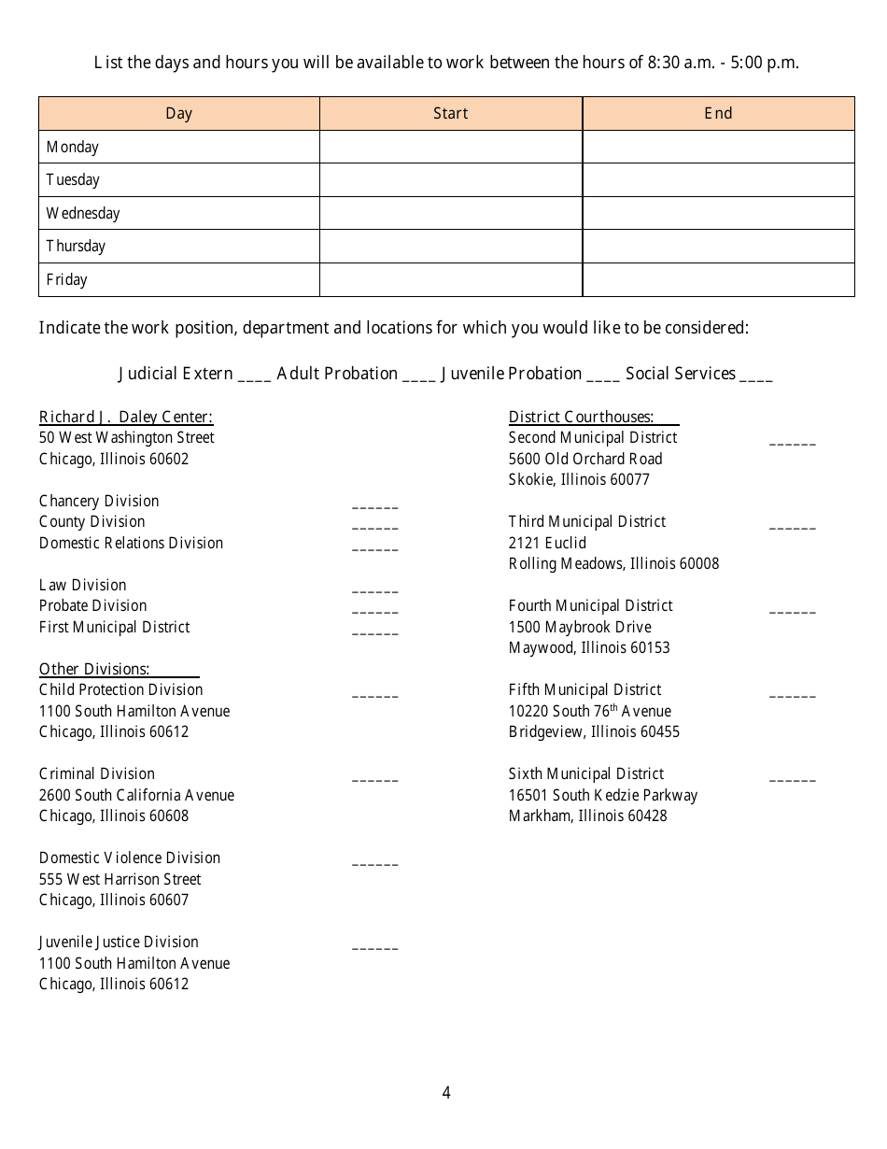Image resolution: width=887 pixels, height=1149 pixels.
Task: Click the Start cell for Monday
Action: click(451, 147)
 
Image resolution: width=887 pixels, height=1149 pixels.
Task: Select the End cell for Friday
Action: click(718, 279)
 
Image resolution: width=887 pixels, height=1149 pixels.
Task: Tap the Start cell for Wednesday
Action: click(451, 213)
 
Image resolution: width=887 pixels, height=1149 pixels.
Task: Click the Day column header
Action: click(178, 113)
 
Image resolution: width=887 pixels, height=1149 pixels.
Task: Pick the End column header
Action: click(718, 113)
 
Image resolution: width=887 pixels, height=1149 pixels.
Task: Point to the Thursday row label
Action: click(76, 247)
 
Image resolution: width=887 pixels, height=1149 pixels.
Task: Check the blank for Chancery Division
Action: click(374, 504)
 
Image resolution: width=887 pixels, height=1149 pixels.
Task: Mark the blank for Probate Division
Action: click(374, 609)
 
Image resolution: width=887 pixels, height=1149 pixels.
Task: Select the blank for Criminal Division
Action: click(374, 777)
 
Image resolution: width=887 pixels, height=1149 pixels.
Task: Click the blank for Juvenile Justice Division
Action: click(374, 945)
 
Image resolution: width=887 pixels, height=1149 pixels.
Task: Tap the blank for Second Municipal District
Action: click(792, 441)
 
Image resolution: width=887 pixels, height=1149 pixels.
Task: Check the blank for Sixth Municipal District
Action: click(792, 777)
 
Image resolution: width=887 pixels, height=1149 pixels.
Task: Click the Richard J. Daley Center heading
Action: click(126, 418)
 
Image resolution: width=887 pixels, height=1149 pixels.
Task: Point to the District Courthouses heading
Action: click(581, 418)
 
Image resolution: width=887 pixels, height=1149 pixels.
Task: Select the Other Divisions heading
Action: click(94, 669)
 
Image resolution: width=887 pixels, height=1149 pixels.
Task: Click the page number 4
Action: click(446, 1092)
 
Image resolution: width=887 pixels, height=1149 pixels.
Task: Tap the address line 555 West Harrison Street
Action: click(120, 879)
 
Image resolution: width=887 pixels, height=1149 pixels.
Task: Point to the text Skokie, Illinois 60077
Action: click(579, 479)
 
